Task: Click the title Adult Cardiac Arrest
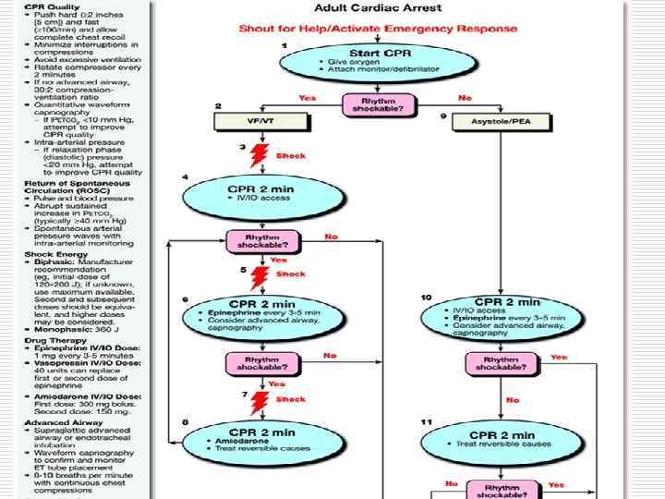(378, 8)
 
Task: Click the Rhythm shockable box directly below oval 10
(507, 363)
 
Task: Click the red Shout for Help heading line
(378, 29)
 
